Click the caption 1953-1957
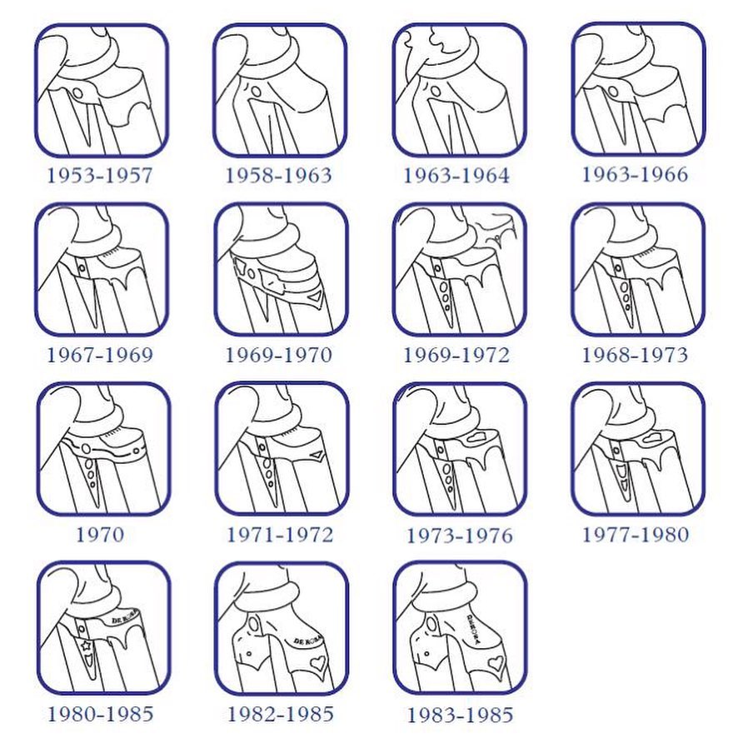tap(100, 176)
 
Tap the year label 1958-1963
tap(278, 176)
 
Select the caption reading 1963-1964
tap(456, 176)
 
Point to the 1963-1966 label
tap(635, 175)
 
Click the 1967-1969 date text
tap(100, 356)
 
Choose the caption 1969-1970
tap(278, 356)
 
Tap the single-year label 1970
tap(100, 535)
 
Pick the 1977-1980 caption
tap(635, 535)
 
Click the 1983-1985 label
tap(460, 715)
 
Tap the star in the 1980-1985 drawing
tap(87, 645)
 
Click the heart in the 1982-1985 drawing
tap(317, 663)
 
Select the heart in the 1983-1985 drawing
tap(496, 662)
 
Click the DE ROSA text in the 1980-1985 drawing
tap(125, 617)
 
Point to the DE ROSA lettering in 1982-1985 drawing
tap(308, 641)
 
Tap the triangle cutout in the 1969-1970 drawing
tap(315, 298)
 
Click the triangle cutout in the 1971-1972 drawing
tap(317, 455)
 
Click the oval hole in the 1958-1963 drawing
tap(256, 91)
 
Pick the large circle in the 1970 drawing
tap(86, 448)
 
